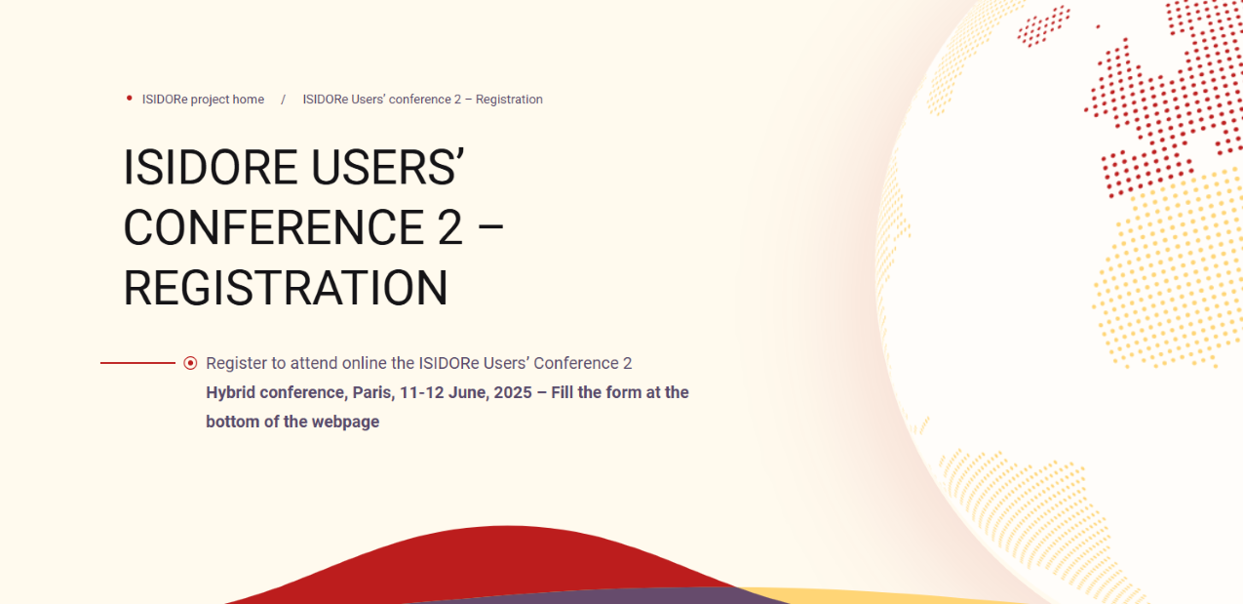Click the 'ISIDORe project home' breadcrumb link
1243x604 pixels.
click(203, 100)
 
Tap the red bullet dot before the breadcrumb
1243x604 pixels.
click(130, 99)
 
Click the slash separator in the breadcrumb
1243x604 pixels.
click(283, 100)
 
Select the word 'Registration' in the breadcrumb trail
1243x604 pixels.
click(509, 100)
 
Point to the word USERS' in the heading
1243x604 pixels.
click(387, 167)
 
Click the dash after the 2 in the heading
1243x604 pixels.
click(490, 227)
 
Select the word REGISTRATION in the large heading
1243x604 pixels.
click(286, 288)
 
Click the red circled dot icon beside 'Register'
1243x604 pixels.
click(190, 363)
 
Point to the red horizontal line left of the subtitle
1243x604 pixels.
click(137, 363)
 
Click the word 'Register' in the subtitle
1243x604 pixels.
click(236, 363)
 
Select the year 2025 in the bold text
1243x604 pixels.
click(513, 393)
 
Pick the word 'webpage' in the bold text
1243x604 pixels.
click(345, 422)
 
